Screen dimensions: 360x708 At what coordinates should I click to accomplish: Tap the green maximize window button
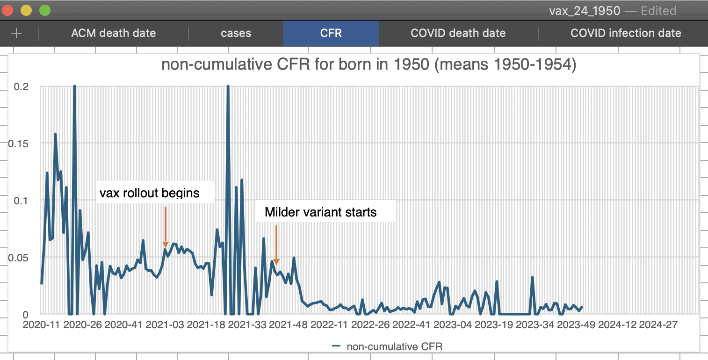click(x=44, y=10)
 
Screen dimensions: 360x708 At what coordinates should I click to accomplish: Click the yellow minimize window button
click(x=26, y=10)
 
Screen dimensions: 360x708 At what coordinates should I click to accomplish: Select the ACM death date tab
click(x=113, y=33)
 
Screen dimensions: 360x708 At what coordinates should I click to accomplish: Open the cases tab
click(x=236, y=33)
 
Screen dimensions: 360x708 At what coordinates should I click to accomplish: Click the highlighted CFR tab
click(x=331, y=33)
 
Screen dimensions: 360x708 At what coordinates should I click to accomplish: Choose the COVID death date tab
click(x=458, y=33)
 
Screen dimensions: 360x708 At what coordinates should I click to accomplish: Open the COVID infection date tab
click(x=626, y=33)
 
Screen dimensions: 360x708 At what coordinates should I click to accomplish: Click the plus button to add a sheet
click(x=16, y=33)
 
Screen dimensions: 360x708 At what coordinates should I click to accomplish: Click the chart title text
click(x=368, y=65)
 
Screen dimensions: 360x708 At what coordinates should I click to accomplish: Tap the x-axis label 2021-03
click(x=164, y=325)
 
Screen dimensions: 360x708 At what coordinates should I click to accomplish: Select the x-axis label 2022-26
click(x=370, y=325)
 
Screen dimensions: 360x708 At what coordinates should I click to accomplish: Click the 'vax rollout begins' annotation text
click(x=149, y=193)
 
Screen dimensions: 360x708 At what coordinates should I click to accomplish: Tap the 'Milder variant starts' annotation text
click(x=320, y=212)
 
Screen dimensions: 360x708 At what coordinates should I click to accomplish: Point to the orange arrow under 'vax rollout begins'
click(x=165, y=227)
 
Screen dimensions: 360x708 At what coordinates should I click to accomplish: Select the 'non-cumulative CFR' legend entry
click(x=387, y=346)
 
